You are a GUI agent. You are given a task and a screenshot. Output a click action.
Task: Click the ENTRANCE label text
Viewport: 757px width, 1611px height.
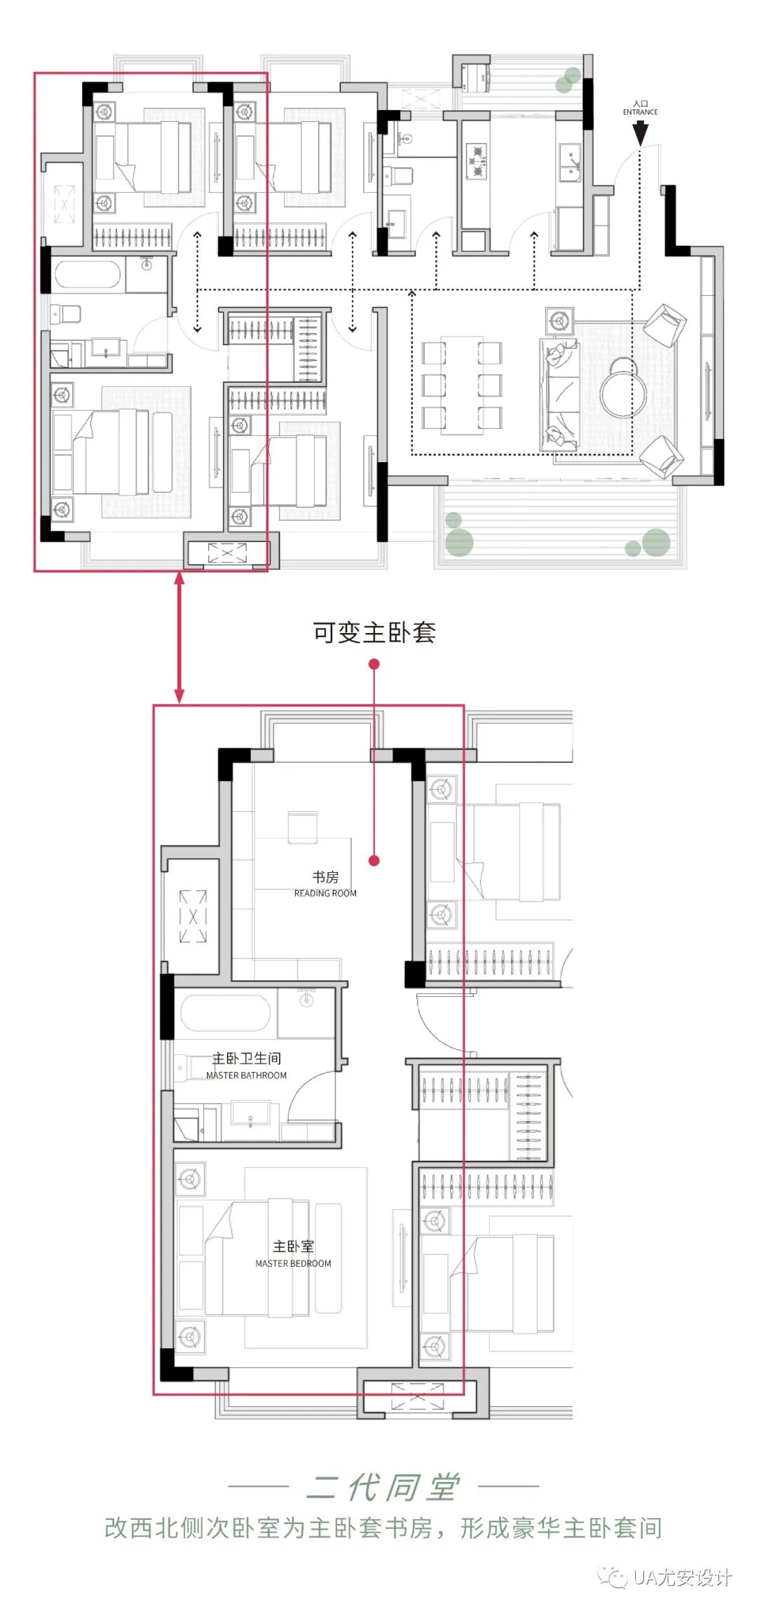pos(640,112)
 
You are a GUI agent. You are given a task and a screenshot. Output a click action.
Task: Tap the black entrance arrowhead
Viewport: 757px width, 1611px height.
pos(640,134)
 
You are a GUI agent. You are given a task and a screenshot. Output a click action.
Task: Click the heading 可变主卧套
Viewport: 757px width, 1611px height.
pos(374,632)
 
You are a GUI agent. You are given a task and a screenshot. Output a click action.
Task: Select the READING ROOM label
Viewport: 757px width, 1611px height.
pos(325,893)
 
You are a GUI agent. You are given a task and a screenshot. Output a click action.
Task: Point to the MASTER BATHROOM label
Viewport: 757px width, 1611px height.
pos(246,1075)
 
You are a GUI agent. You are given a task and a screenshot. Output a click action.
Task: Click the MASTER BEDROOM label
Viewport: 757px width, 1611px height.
pos(293,1263)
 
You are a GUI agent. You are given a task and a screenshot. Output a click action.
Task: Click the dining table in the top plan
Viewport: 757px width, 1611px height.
pos(462,385)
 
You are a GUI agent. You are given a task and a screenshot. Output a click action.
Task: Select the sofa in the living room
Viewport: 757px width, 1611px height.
pos(559,395)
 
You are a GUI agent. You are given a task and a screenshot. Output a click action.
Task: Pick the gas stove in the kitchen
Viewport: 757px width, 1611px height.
pos(477,161)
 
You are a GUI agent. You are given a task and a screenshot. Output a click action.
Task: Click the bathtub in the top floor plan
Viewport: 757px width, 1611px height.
pos(88,276)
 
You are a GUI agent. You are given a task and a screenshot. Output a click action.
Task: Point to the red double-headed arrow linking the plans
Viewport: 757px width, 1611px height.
pos(179,637)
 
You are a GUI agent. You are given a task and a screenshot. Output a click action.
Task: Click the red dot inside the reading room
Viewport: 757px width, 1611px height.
pos(374,860)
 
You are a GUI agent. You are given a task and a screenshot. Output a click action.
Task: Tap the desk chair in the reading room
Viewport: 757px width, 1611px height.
pos(303,827)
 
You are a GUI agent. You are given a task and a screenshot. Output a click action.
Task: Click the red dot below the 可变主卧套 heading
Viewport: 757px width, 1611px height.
pos(374,663)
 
